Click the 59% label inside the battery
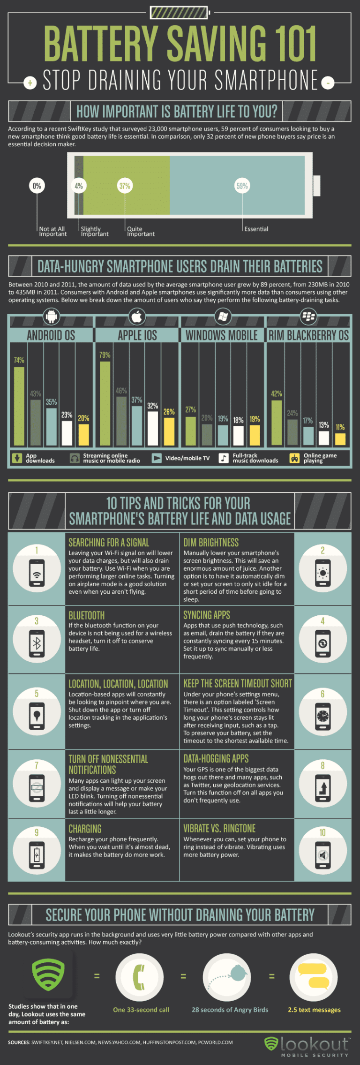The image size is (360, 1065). point(242,186)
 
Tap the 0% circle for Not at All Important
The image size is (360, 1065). point(37,186)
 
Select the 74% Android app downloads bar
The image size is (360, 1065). point(19,406)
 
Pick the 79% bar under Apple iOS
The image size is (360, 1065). point(105,403)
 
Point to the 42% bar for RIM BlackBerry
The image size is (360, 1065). point(277,422)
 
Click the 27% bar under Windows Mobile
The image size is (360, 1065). point(190,431)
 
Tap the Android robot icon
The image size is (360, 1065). point(51,317)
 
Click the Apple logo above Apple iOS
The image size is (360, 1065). point(137,317)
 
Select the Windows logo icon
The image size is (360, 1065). point(223,317)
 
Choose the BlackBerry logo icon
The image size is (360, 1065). point(308,317)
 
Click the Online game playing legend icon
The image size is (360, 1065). point(294,458)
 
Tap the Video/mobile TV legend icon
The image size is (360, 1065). point(157,458)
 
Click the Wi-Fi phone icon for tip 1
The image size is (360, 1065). point(37,572)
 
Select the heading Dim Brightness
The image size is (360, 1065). point(211,543)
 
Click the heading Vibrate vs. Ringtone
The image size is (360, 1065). point(219,829)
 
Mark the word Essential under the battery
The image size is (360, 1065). point(256,229)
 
